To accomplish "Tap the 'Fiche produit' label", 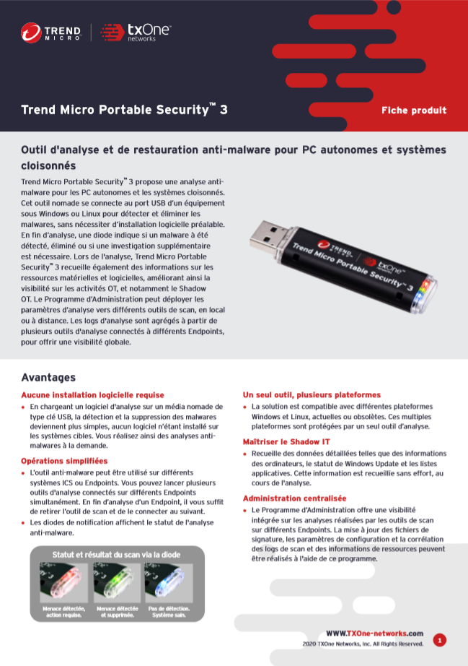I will click(413, 111).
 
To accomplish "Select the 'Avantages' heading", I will click(48, 377).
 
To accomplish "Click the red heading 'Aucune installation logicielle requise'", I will click(92, 395).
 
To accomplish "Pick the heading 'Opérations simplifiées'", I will click(64, 460).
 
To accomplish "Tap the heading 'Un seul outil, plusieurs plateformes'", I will click(312, 395).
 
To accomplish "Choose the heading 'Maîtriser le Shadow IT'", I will click(286, 441).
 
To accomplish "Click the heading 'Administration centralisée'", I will click(294, 498).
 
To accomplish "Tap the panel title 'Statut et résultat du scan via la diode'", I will click(116, 555).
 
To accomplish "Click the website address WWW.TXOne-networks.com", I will click(374, 633).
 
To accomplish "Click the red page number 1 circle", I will click(439, 639).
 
